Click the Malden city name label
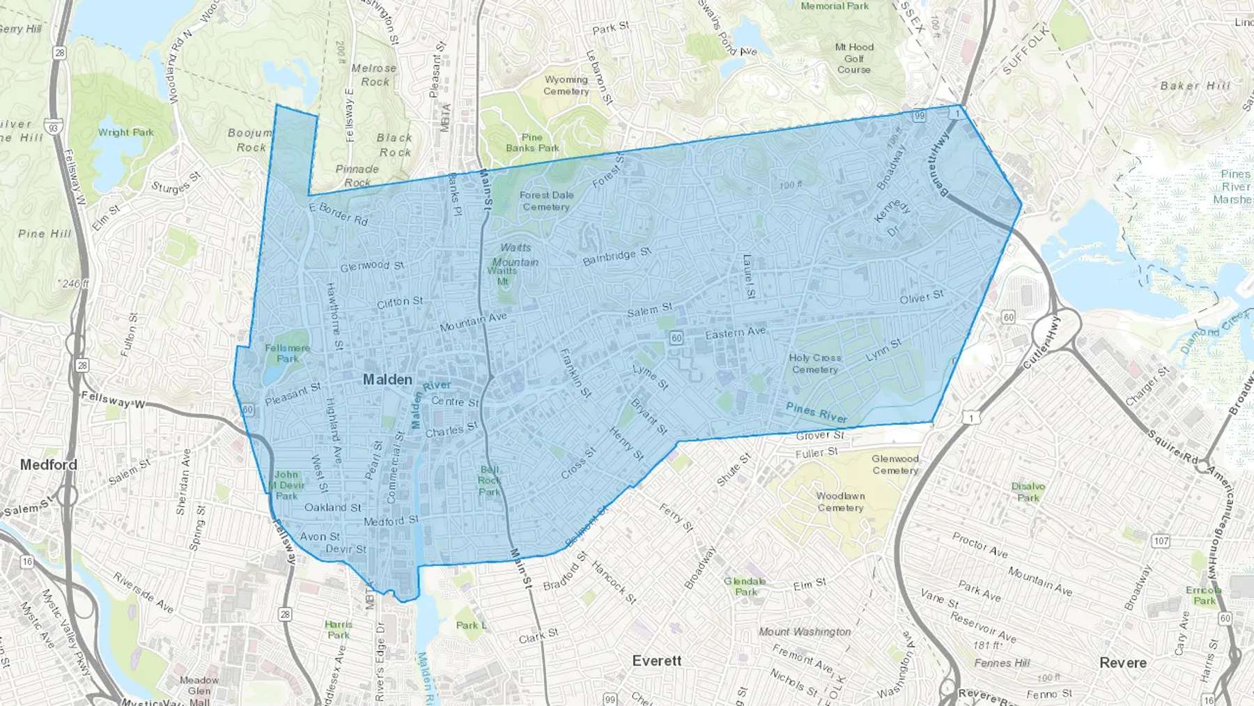(x=387, y=380)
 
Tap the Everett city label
(x=657, y=661)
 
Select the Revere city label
(x=1122, y=663)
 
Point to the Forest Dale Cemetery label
(x=546, y=201)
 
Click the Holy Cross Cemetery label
(x=815, y=364)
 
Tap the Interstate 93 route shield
(x=52, y=126)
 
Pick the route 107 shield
(x=1161, y=541)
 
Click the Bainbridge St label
(x=617, y=256)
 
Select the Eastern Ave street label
(x=735, y=333)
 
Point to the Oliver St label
(x=921, y=298)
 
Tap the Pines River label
(x=816, y=413)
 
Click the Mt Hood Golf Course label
(x=854, y=59)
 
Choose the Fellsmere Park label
(x=287, y=353)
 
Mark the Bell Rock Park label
(x=489, y=481)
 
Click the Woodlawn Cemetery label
(x=840, y=502)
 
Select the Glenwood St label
(x=371, y=266)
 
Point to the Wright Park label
(x=125, y=132)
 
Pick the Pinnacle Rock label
(x=357, y=176)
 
